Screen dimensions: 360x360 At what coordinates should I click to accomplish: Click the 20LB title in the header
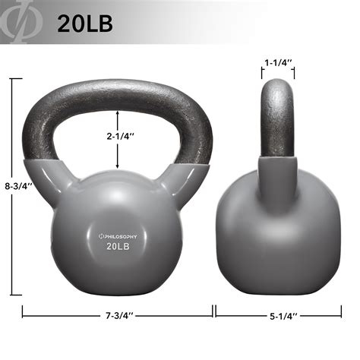click(84, 23)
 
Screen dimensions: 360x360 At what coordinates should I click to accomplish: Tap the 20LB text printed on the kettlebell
click(117, 246)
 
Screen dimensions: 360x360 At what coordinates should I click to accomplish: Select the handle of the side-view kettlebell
click(277, 114)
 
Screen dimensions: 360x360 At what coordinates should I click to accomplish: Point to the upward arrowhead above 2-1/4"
click(117, 112)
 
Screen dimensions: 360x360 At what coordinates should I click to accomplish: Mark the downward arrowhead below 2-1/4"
click(117, 165)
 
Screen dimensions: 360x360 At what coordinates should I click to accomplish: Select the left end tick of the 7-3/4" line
click(22, 311)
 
